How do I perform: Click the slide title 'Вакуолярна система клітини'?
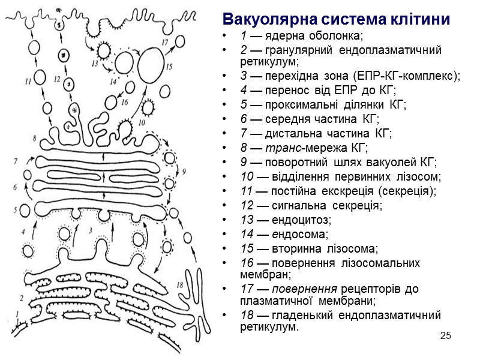(335, 18)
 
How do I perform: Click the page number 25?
(445, 334)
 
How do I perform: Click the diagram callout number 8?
(34, 138)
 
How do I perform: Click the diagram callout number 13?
(95, 62)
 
